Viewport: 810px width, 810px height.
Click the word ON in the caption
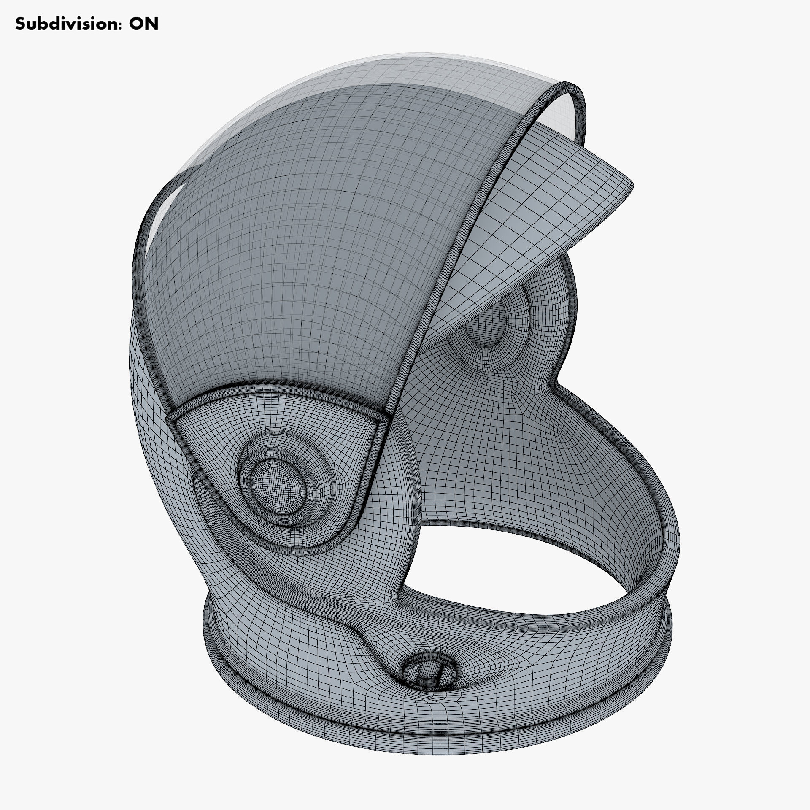tap(143, 24)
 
